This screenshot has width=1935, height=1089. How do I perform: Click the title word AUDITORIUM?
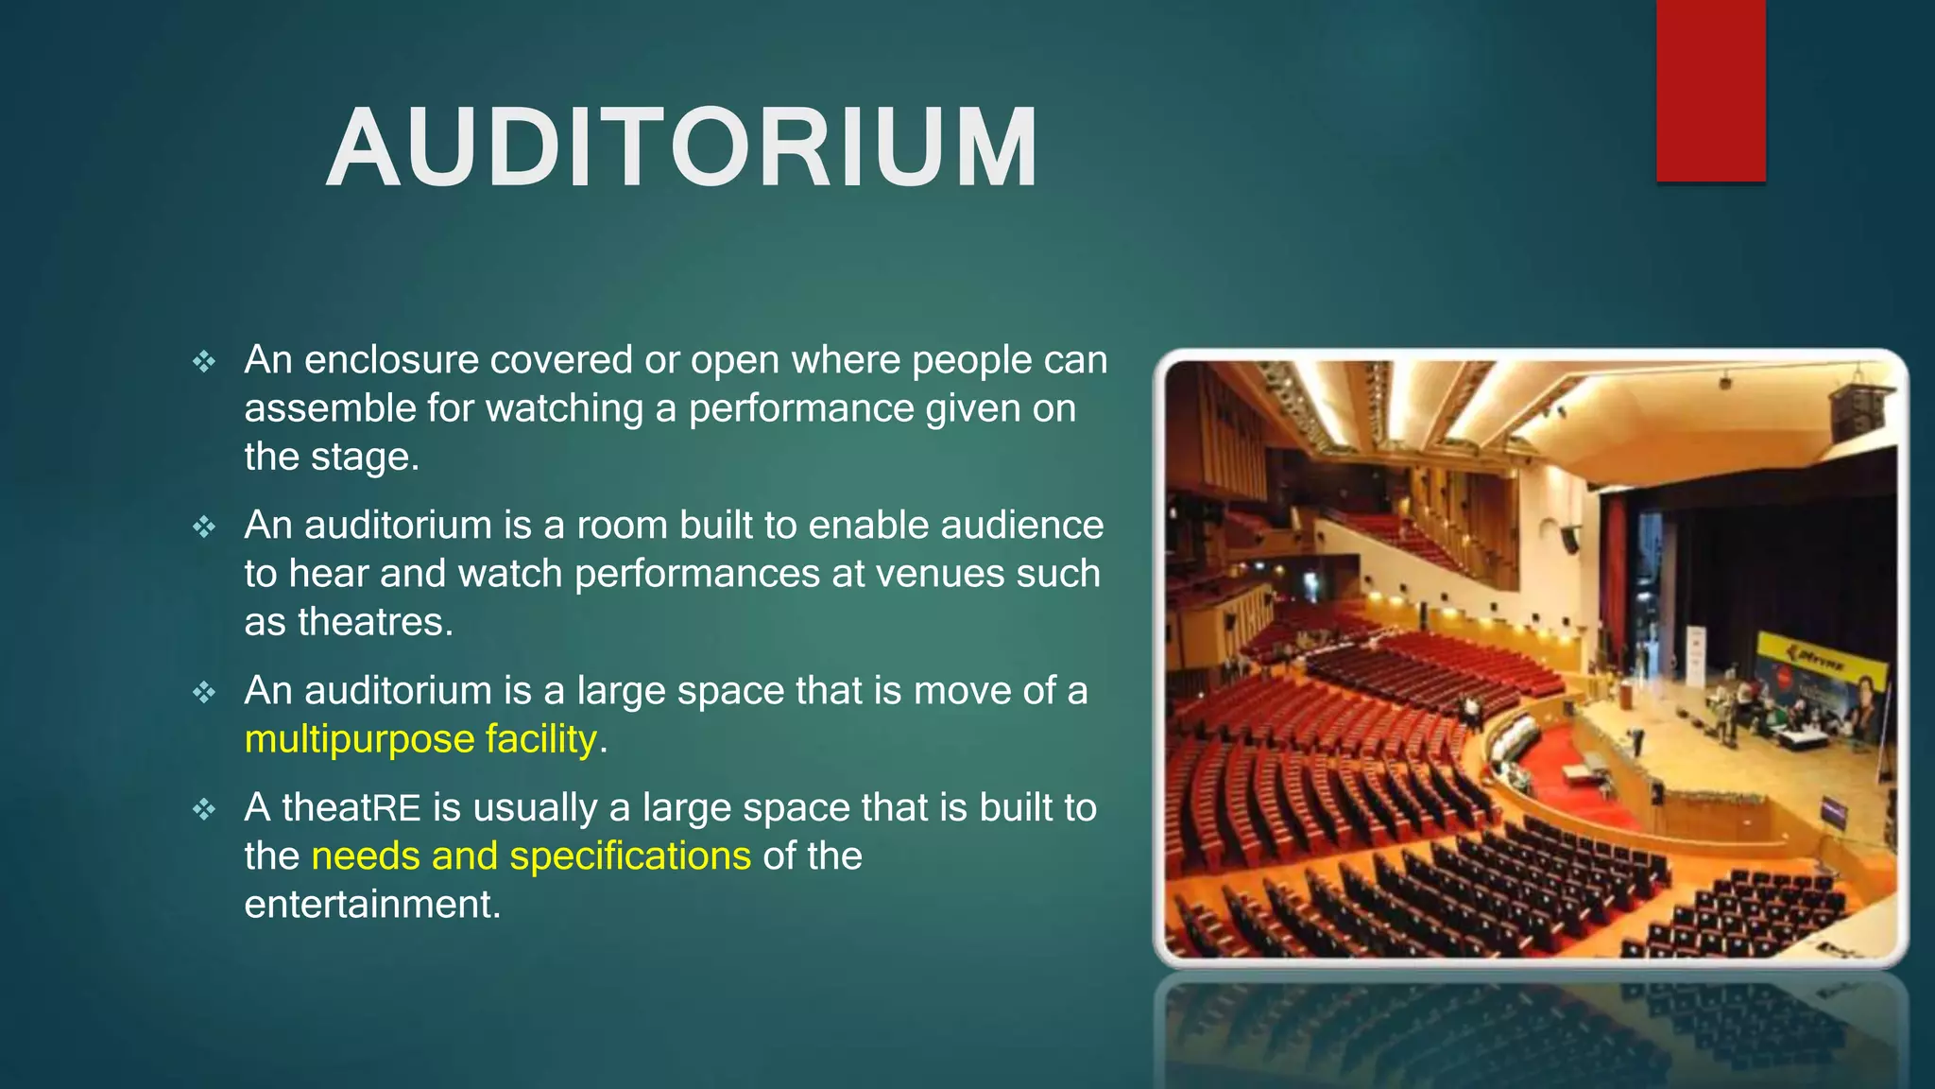coord(682,149)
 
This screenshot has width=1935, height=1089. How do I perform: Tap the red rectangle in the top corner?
coord(1710,90)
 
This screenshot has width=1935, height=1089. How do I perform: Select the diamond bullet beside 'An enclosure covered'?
coord(204,361)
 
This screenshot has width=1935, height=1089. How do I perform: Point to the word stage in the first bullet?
coord(360,458)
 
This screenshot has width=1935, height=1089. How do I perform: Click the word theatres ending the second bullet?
coord(375,622)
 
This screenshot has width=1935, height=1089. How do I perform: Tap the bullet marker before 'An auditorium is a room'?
coord(204,527)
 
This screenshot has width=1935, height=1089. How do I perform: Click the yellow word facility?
coord(541,739)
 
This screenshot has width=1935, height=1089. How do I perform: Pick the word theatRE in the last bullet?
coord(351,808)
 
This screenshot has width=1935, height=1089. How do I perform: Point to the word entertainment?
coord(370,905)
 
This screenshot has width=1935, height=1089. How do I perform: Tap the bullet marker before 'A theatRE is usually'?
coord(204,809)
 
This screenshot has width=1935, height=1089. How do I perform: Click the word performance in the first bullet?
coord(800,409)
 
